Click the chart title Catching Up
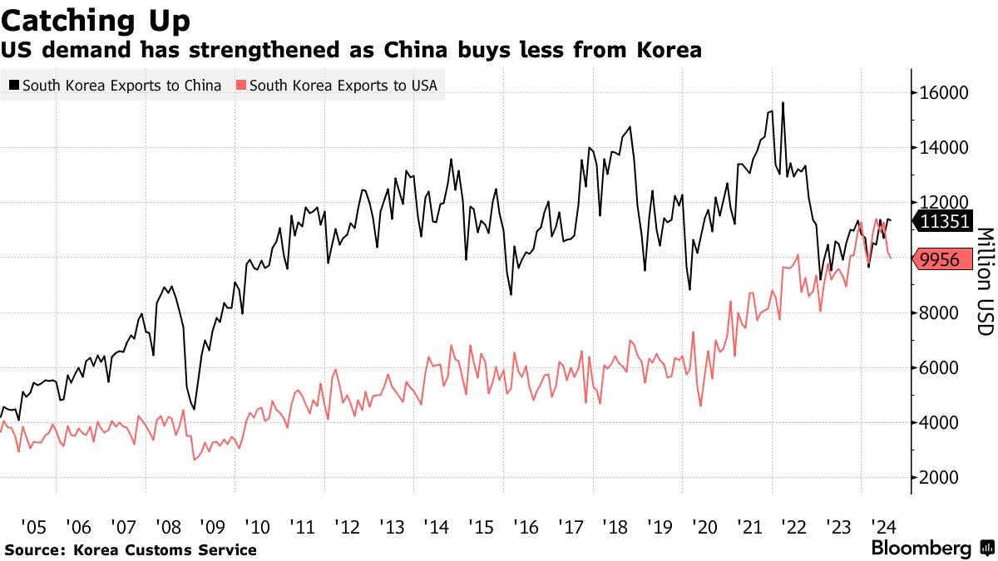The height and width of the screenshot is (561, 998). [96, 19]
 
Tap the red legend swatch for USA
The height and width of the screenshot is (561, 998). [242, 85]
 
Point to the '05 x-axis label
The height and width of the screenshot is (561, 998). [34, 526]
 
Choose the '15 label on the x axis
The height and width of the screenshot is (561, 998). [481, 526]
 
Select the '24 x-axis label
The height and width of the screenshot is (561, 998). [882, 526]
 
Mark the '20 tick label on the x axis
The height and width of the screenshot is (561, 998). [704, 526]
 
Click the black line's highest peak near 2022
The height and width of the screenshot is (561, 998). [783, 103]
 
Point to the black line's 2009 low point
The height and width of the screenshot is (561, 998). [194, 409]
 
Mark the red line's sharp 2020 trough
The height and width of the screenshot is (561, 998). [701, 406]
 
